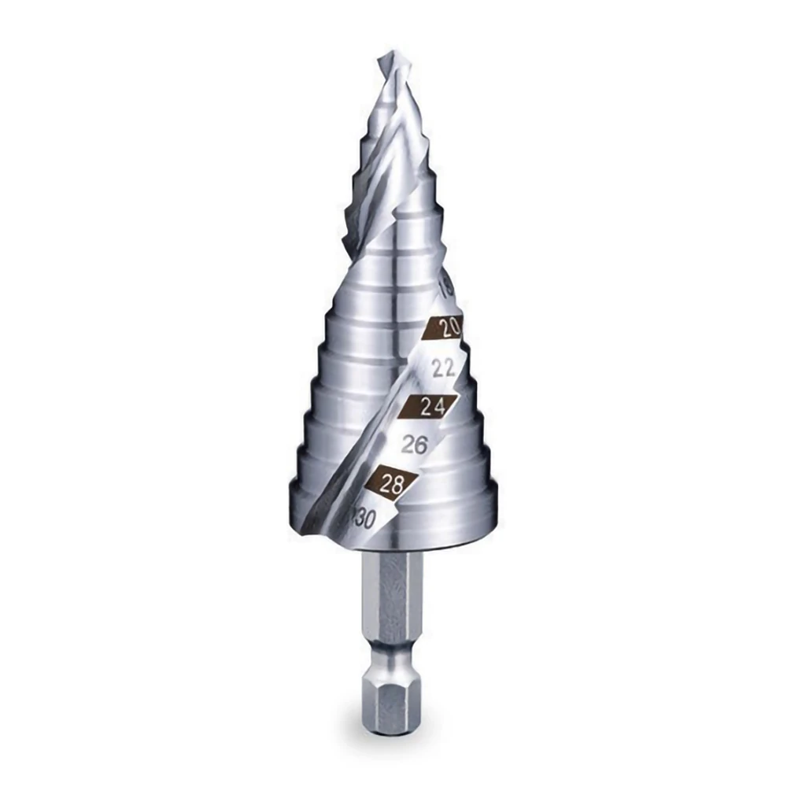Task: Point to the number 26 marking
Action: [414, 445]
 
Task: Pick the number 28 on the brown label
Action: [391, 484]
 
